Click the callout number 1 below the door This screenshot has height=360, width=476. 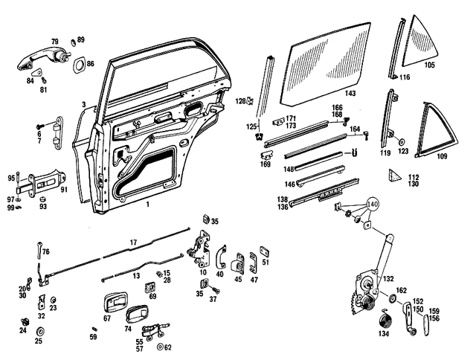(x=147, y=204)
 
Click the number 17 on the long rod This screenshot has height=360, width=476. (x=134, y=242)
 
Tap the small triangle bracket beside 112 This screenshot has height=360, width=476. (x=393, y=176)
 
